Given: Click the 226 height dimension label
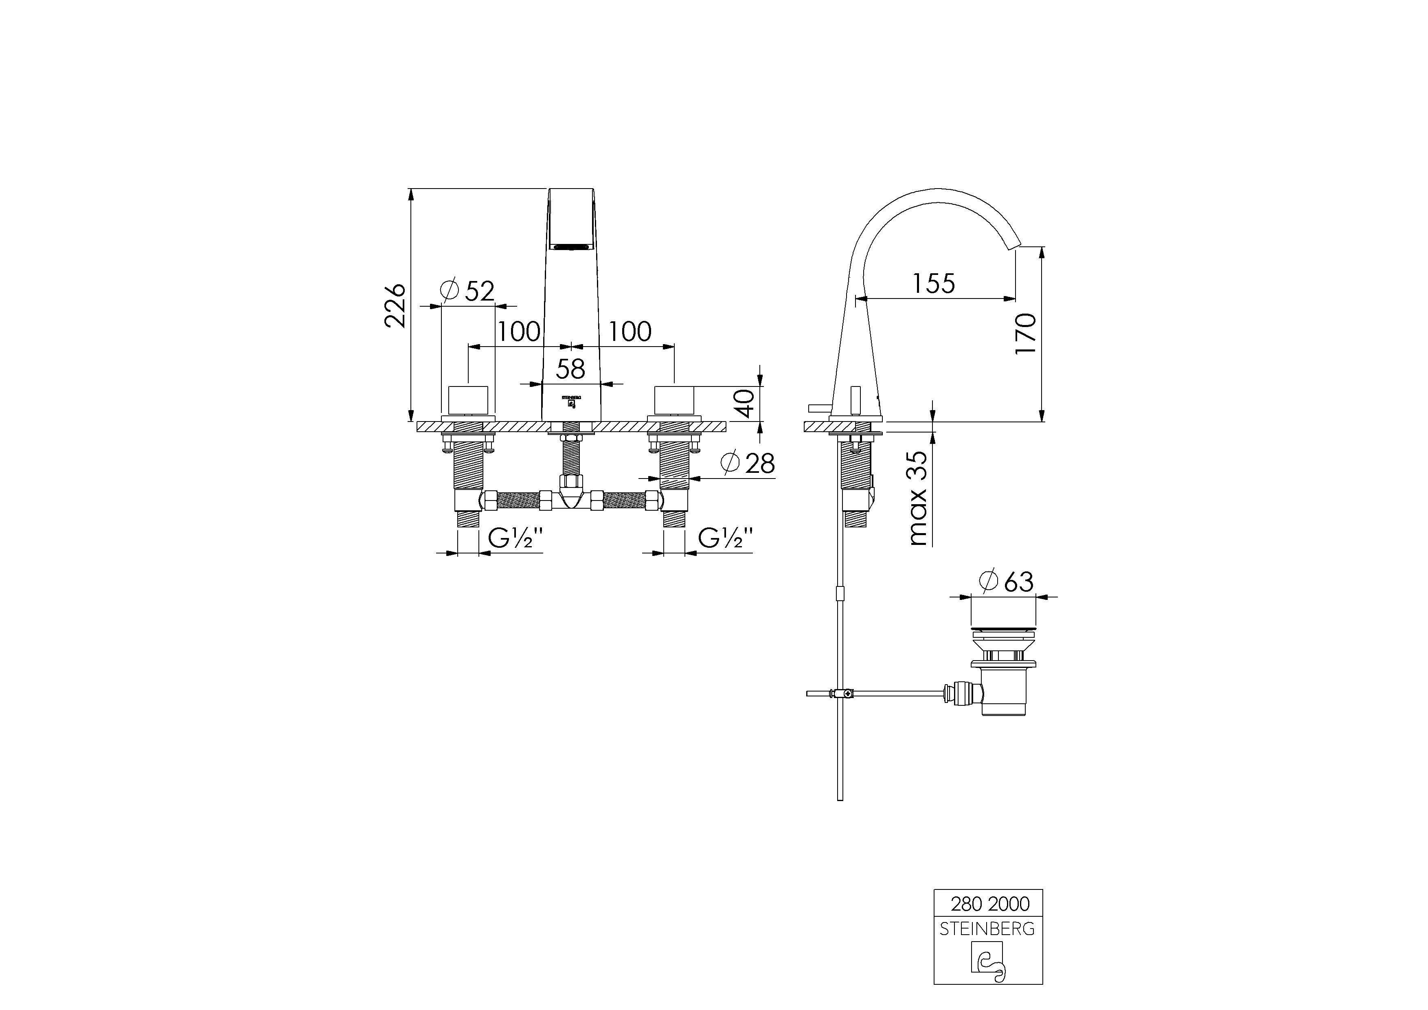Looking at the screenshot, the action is tap(395, 305).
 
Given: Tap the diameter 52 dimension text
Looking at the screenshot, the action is tap(467, 290).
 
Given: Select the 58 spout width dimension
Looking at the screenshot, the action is tap(570, 369).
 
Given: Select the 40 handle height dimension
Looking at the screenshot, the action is tap(744, 403).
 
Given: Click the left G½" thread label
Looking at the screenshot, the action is tap(515, 537).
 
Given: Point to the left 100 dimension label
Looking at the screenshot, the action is tap(518, 332).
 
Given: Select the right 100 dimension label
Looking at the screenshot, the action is tap(630, 332).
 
